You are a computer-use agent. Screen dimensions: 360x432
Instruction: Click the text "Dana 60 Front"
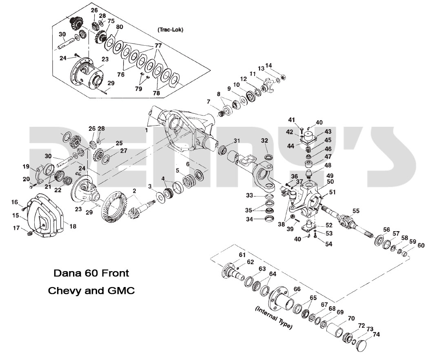[x=91, y=272]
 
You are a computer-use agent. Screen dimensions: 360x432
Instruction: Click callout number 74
[x=376, y=334]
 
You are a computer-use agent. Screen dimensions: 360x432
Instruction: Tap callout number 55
[x=356, y=211]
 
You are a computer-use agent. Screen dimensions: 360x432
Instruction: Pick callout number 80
[x=120, y=27]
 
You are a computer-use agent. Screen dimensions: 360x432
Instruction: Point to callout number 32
[x=265, y=141]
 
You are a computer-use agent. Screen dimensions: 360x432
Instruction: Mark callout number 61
[x=242, y=255]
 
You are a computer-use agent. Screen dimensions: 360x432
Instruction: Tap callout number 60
[x=421, y=245]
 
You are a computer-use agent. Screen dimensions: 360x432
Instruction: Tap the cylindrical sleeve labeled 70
[x=337, y=329]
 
